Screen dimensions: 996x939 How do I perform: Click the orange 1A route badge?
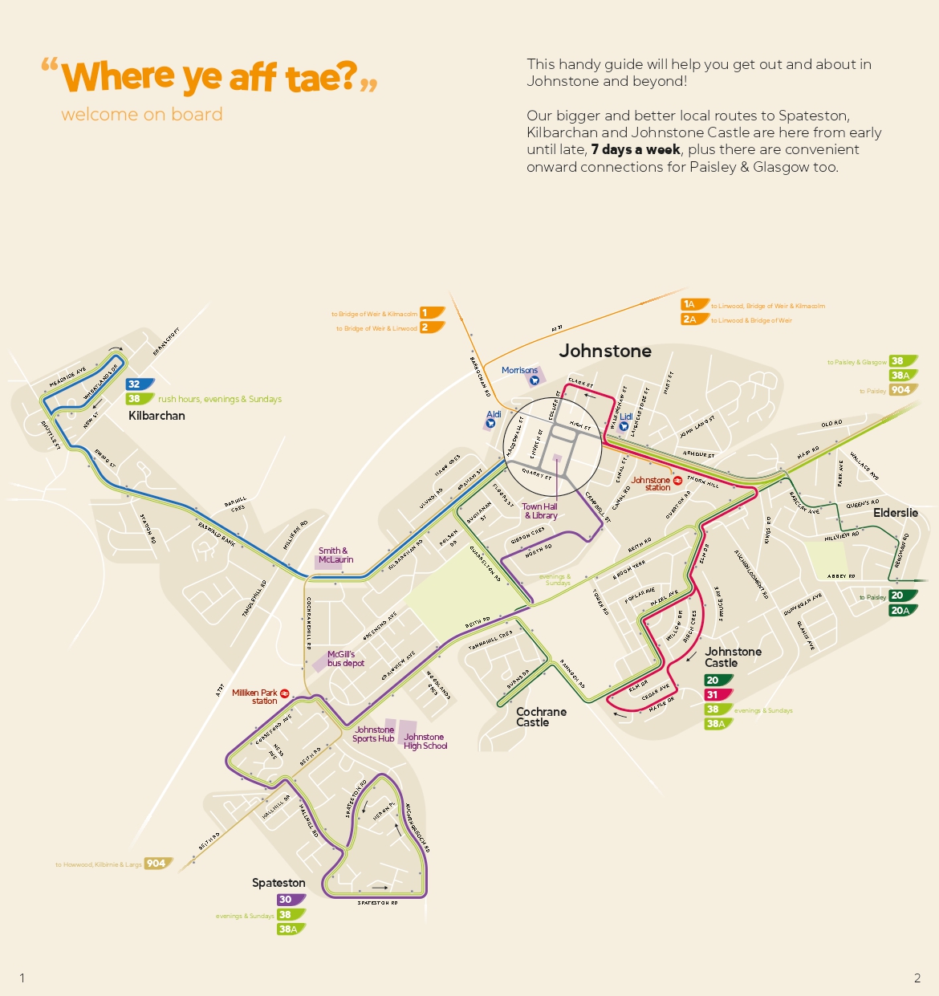pyautogui.click(x=693, y=305)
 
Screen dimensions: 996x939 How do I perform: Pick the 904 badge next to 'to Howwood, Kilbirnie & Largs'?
pyautogui.click(x=157, y=864)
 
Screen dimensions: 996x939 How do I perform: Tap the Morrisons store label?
pyautogui.click(x=519, y=371)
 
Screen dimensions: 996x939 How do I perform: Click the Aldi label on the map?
pyautogui.click(x=494, y=415)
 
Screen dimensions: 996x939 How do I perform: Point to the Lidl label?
pyautogui.click(x=626, y=417)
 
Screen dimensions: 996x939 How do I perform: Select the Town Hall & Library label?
pyautogui.click(x=540, y=511)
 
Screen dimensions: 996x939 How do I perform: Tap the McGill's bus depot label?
pyautogui.click(x=345, y=659)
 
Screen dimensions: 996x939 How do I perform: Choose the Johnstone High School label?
pyautogui.click(x=425, y=742)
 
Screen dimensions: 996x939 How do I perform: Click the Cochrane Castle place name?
pyautogui.click(x=540, y=718)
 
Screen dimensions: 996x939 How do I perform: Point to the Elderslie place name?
pyautogui.click(x=895, y=513)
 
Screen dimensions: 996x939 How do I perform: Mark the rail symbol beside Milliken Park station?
pyautogui.click(x=284, y=693)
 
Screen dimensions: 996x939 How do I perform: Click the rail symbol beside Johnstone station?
pyautogui.click(x=677, y=481)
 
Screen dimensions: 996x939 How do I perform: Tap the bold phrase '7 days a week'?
pyautogui.click(x=636, y=150)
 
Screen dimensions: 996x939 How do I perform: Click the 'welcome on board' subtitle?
pyautogui.click(x=142, y=115)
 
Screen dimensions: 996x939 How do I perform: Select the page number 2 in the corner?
pyautogui.click(x=917, y=978)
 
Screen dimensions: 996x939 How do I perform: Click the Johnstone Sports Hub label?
pyautogui.click(x=373, y=734)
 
